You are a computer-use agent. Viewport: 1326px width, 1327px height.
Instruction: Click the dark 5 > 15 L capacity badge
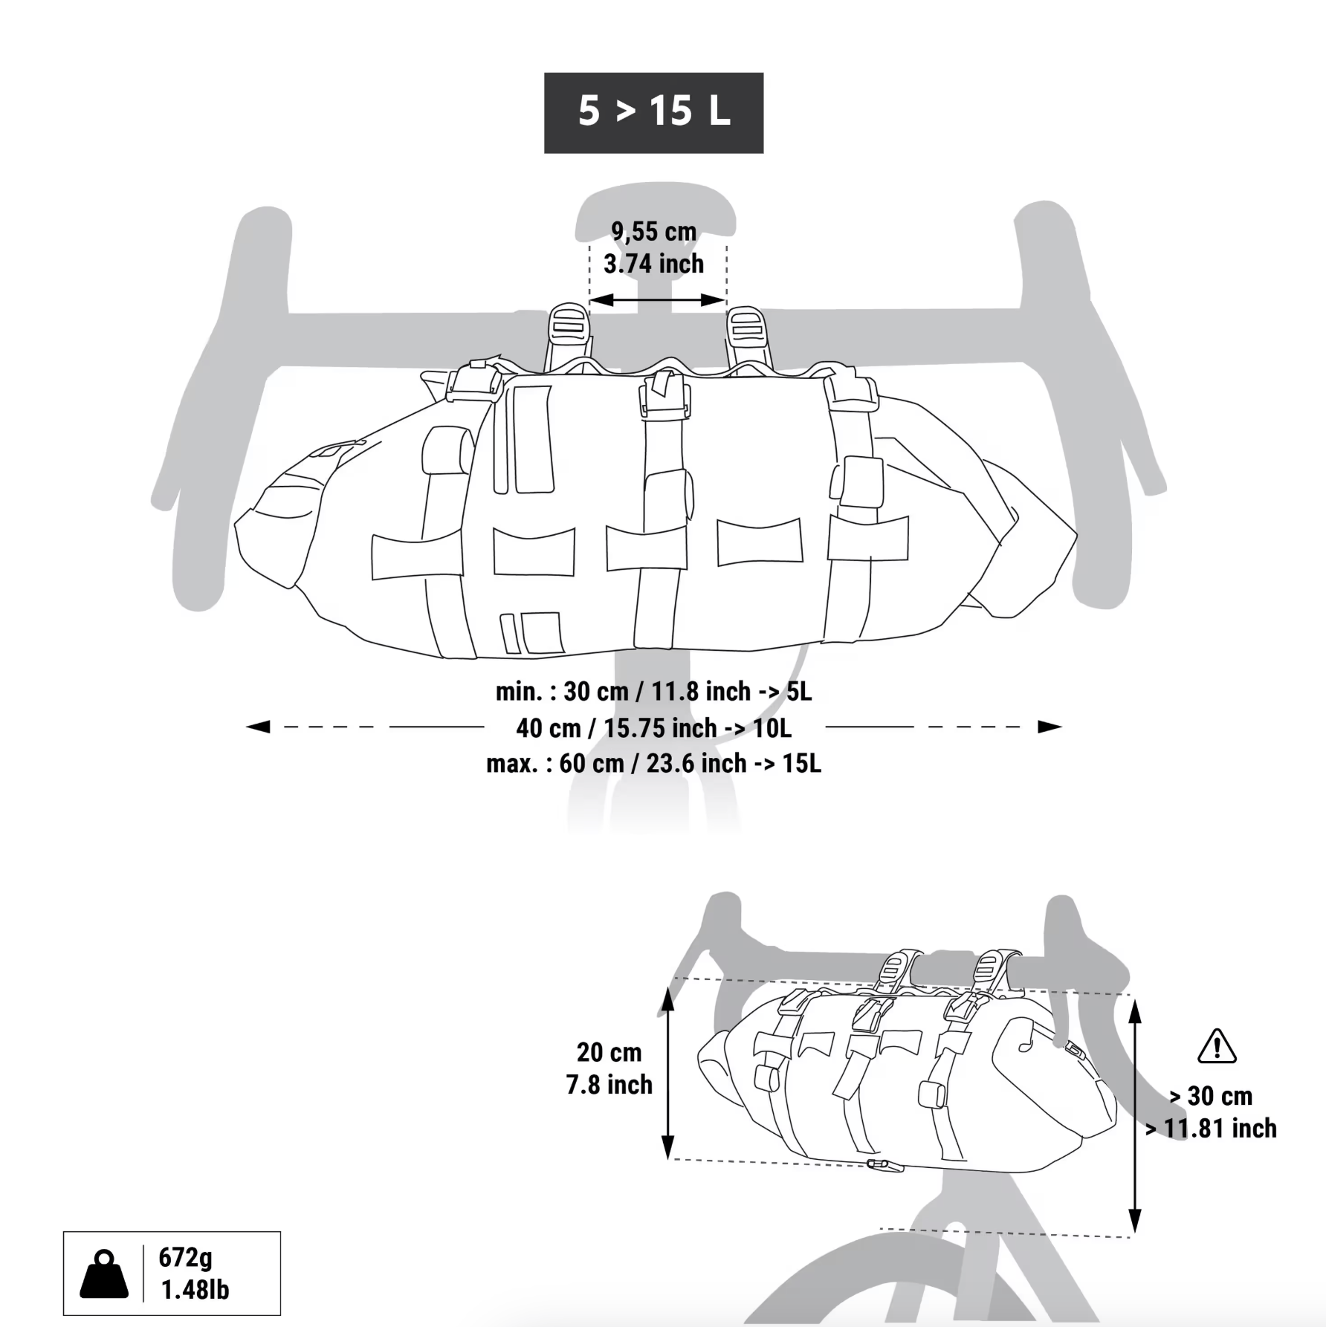coord(653,113)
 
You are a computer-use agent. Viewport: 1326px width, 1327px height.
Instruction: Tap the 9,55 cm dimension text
coord(654,232)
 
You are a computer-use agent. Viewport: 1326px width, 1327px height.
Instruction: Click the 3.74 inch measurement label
coord(654,264)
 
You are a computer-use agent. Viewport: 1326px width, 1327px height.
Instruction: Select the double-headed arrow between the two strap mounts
coord(658,300)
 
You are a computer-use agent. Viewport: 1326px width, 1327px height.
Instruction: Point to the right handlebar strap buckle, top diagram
coord(745,327)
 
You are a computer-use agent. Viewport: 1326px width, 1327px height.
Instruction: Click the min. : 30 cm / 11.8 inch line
coord(654,692)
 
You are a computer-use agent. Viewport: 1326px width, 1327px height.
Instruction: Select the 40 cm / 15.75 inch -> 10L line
coord(654,728)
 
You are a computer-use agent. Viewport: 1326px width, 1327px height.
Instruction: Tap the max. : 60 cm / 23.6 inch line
coord(654,764)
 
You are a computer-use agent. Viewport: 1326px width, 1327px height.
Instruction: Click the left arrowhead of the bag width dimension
coord(258,727)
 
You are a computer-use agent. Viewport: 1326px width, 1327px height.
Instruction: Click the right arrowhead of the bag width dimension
coord(1050,727)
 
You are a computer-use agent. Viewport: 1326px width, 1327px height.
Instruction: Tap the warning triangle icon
coord(1217,1046)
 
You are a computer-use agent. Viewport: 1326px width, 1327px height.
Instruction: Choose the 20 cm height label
coord(609,1053)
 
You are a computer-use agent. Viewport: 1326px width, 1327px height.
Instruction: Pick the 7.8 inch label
coord(609,1086)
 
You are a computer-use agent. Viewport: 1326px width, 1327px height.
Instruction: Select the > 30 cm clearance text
coord(1211,1097)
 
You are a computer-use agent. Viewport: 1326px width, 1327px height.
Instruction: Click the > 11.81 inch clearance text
coord(1211,1129)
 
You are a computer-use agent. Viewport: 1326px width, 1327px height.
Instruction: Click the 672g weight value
coord(186,1258)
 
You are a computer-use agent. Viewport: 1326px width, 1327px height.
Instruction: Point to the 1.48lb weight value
coord(195,1291)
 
